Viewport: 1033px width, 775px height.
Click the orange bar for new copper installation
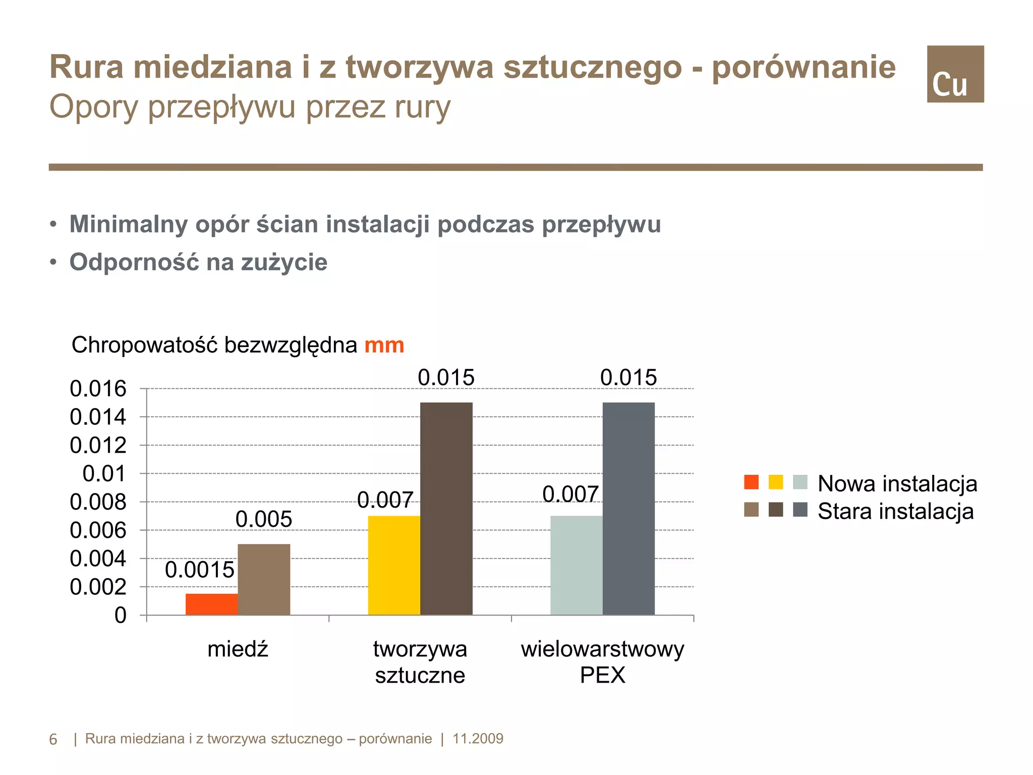tap(211, 604)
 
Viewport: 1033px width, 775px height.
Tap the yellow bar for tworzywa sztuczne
tap(394, 565)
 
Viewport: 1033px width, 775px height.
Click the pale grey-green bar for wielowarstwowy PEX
tap(576, 565)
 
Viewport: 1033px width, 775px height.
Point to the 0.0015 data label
tap(200, 570)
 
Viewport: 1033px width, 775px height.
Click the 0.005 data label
tap(264, 519)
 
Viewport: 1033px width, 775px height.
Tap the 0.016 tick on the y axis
tap(98, 389)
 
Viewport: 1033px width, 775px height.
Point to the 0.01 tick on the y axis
tap(104, 474)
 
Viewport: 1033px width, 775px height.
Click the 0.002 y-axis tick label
tap(98, 587)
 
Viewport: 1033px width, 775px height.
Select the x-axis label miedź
tap(238, 649)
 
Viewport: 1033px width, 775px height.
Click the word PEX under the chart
tap(602, 675)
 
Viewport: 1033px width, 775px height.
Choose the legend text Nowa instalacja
tap(897, 483)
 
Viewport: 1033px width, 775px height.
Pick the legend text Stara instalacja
tap(895, 511)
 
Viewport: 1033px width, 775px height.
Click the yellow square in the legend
tap(776, 482)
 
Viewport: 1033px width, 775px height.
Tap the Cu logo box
tap(955, 74)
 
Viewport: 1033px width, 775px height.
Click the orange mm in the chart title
tap(384, 346)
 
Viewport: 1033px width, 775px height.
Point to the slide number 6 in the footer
tap(53, 740)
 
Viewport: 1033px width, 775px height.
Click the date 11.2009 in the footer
tap(478, 739)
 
